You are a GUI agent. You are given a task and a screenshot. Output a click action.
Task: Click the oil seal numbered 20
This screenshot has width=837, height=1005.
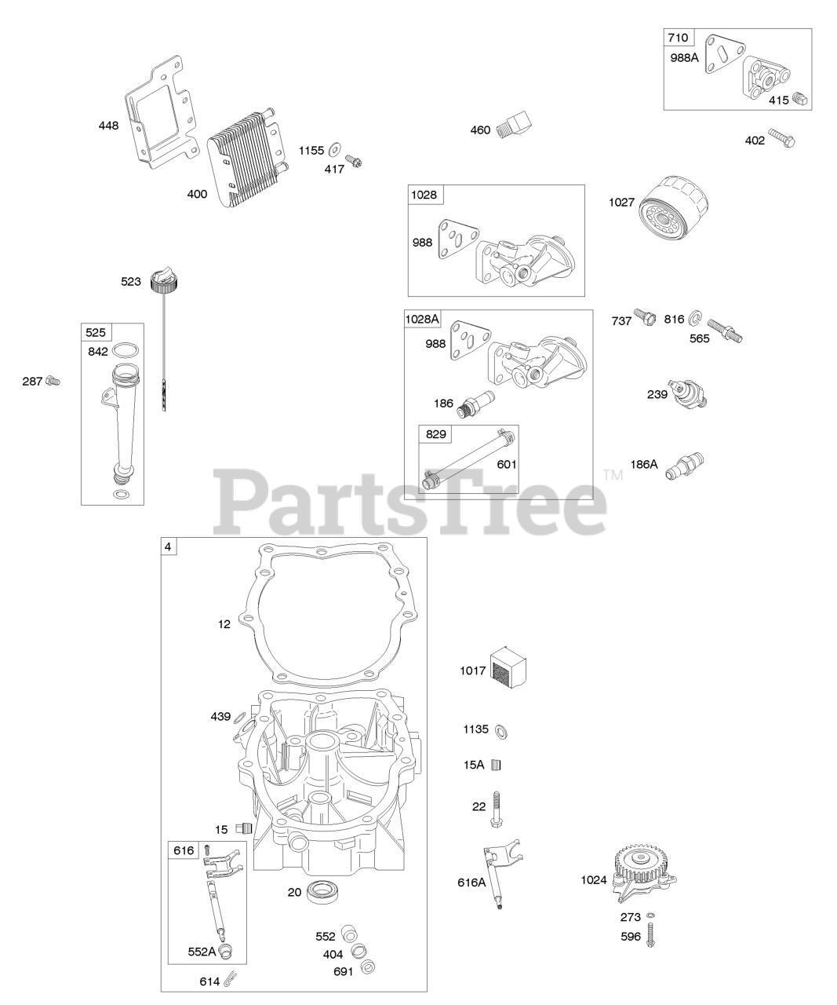coord(320,891)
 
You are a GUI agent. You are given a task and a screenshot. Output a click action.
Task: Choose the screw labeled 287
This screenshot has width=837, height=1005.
coord(53,382)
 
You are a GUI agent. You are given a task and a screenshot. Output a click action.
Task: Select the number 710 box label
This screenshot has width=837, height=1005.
coord(678,38)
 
